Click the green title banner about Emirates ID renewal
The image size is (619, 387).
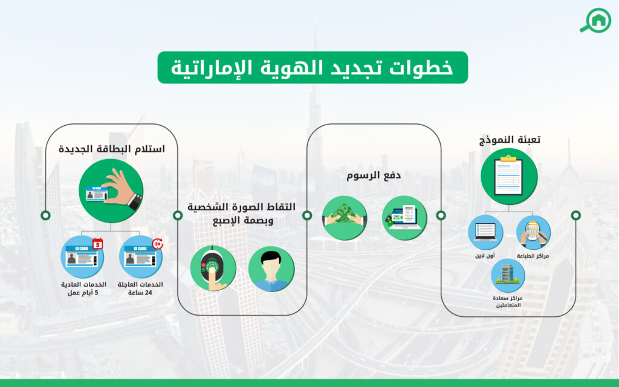313,67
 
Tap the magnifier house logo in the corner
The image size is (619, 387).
595,20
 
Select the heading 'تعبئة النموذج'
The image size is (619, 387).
508,140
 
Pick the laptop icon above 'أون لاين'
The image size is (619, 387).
485,232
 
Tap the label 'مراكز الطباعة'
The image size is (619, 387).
533,256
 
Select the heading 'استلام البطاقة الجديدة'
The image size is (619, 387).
111,148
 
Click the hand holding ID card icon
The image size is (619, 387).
111,190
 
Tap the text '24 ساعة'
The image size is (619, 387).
141,293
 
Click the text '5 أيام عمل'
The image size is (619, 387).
83,293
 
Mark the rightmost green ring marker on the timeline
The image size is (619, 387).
575,215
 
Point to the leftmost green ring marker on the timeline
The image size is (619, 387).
45,215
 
